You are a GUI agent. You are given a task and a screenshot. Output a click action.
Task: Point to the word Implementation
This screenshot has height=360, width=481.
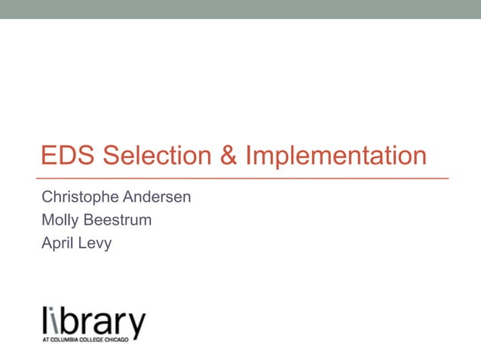336,157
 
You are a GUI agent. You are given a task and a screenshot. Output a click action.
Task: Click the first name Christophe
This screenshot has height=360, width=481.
79,197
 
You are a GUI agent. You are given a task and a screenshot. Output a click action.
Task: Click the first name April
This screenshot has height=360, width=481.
57,243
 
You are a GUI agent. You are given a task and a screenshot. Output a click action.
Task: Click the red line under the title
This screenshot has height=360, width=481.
245,178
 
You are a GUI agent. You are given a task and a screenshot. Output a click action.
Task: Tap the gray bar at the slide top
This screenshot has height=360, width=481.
240,9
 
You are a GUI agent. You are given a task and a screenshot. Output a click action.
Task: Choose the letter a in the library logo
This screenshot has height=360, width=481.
103,324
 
